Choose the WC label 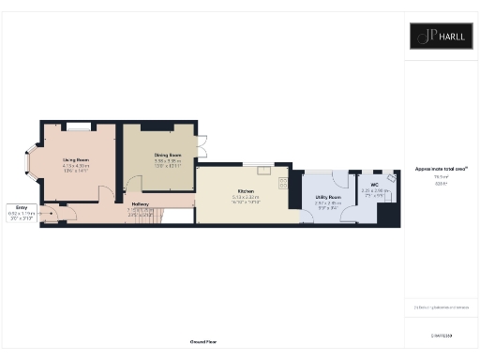(x=374, y=184)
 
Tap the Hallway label (x=141, y=203)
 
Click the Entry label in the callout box (x=20, y=207)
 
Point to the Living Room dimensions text (x=75, y=168)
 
